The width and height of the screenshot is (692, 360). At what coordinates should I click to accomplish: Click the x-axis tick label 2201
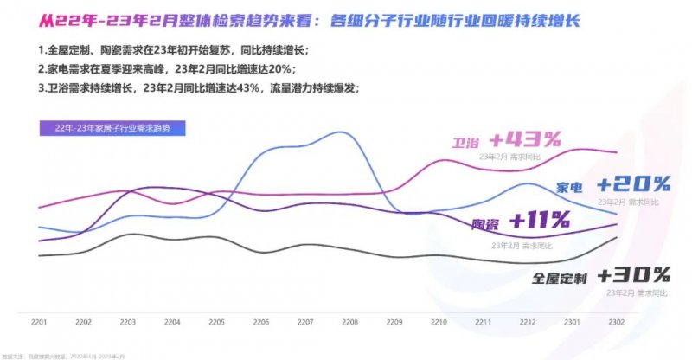coord(38,322)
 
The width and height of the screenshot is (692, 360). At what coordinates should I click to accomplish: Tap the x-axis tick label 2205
coord(216,322)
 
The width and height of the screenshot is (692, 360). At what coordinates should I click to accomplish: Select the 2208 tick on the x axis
coord(350,322)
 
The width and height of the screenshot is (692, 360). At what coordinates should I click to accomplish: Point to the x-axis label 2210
coord(439,322)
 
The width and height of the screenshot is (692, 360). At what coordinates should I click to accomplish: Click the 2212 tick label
coord(528,322)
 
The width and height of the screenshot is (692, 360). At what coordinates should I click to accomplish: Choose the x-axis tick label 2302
coord(617,322)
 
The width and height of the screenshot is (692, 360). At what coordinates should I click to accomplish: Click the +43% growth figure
coord(525,139)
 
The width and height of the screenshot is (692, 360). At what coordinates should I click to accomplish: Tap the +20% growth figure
coord(634,183)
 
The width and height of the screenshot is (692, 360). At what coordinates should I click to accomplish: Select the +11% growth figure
coord(540,221)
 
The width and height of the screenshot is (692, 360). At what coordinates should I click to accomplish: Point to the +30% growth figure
coord(634,276)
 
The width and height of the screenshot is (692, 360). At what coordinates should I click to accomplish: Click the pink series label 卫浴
coord(467,142)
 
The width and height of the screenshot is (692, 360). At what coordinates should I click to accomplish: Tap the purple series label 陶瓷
coord(485,225)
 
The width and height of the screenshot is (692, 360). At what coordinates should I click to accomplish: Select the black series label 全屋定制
coord(560,279)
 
